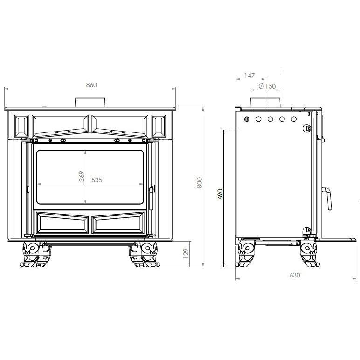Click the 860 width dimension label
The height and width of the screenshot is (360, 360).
(91, 85)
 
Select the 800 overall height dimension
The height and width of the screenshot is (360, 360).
(199, 183)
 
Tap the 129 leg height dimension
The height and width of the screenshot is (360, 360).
(185, 254)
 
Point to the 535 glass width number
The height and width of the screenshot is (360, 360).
(97, 180)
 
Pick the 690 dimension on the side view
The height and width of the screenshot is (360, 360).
(220, 194)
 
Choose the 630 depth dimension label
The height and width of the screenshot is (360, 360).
(294, 275)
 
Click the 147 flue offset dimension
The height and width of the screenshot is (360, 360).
(250, 75)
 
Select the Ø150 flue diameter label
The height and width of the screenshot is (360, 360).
(267, 87)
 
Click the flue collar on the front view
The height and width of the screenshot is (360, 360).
(91, 102)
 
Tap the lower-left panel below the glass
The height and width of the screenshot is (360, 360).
(62, 223)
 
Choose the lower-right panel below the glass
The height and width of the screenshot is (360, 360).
(118, 223)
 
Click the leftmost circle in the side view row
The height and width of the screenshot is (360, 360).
(247, 119)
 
